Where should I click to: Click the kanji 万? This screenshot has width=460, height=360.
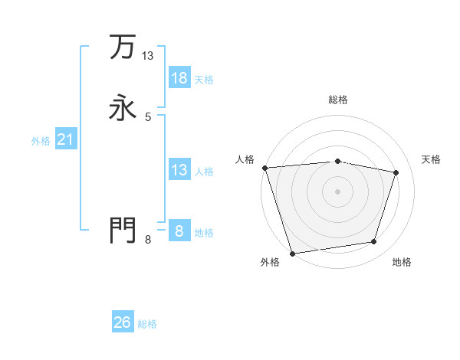[123, 47]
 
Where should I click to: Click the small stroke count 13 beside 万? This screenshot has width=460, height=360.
[148, 56]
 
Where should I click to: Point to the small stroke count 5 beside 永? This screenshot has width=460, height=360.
[148, 116]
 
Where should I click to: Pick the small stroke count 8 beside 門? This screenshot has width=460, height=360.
[148, 239]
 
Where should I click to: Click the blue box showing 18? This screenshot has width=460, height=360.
[179, 78]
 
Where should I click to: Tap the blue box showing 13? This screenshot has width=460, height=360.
[179, 170]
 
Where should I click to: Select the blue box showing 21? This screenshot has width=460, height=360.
[66, 139]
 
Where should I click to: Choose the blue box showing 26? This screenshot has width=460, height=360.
[123, 322]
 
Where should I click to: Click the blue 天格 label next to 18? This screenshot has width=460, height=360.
[204, 80]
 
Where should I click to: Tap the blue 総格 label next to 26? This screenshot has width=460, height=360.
[147, 324]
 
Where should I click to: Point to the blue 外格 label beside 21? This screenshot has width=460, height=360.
[41, 141]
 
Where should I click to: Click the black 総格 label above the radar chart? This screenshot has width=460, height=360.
[337, 100]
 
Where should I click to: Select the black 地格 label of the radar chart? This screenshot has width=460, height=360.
[402, 262]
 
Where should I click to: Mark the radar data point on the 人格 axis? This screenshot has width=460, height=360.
[264, 168]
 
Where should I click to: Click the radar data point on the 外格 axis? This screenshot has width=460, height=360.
[292, 253]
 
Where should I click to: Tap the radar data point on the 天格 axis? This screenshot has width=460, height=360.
[396, 172]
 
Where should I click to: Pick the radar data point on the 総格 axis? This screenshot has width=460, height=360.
[337, 161]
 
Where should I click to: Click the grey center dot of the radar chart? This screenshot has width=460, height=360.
[337, 191]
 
